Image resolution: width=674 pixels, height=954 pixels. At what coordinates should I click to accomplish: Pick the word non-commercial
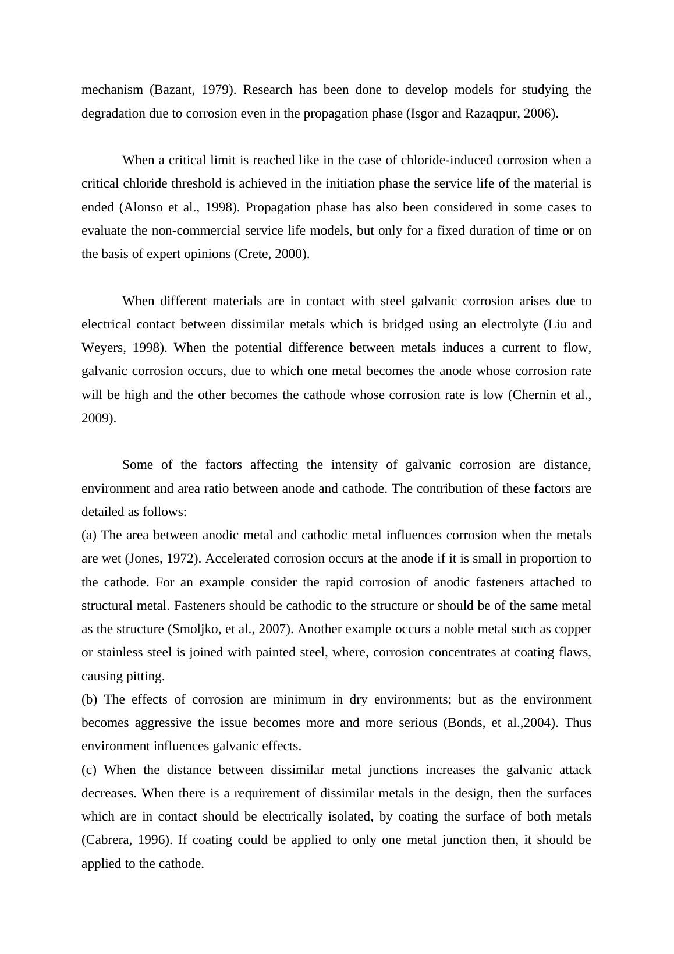click(x=190, y=231)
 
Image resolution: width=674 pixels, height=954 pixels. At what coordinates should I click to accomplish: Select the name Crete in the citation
click(x=253, y=254)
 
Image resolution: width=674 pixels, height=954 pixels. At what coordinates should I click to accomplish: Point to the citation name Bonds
click(x=466, y=723)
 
